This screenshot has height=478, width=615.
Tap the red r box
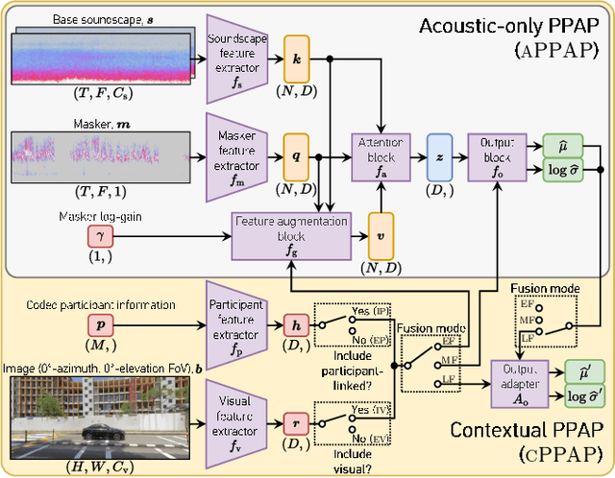click(x=297, y=421)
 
